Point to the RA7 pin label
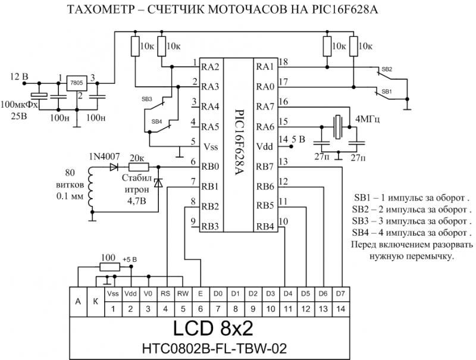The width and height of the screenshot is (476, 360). (265, 107)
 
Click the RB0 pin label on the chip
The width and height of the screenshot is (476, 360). (211, 167)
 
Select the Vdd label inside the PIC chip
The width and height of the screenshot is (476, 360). (265, 146)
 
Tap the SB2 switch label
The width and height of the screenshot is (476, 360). (386, 70)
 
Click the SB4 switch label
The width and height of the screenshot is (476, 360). (157, 121)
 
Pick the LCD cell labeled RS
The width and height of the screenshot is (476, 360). (165, 293)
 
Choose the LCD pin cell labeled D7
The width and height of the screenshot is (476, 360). (340, 293)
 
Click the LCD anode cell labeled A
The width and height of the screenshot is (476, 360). (78, 302)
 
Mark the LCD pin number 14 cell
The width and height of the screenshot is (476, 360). (340, 309)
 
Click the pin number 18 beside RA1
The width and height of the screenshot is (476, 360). (283, 62)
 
